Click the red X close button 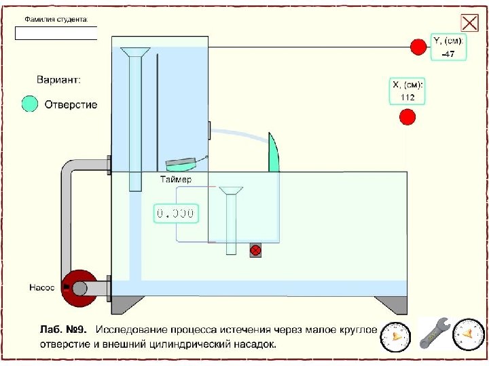click(469, 23)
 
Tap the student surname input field click(56, 33)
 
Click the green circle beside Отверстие click(30, 104)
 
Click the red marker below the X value click(407, 117)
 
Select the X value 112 click(407, 97)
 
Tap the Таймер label click(176, 180)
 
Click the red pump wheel click(79, 288)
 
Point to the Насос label click(41, 287)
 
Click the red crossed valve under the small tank click(255, 250)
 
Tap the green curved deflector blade click(273, 152)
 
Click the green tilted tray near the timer click(181, 164)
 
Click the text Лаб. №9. click(62, 330)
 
